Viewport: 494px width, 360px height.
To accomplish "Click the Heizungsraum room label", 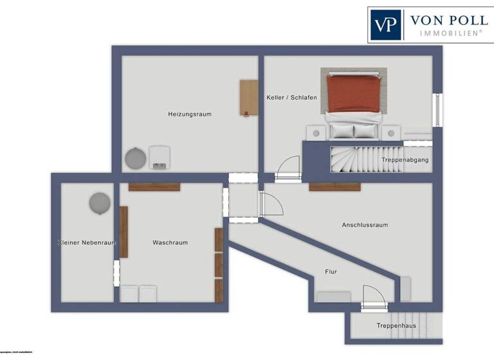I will pos(190,114).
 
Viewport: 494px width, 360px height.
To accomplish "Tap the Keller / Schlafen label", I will pos(291,97).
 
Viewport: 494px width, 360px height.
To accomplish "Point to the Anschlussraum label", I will pos(365,225).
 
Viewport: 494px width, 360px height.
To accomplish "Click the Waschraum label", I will pos(170,242).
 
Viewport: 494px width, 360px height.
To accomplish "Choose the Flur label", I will pos(331,272).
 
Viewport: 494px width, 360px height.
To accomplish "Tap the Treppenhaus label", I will pos(396,326).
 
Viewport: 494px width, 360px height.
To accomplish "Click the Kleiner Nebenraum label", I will pos(86,242).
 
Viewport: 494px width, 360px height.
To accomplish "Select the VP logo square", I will pos(385,25).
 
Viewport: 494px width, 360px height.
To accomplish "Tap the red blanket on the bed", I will pos(353,94).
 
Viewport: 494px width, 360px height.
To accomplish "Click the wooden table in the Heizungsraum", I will pos(248,98).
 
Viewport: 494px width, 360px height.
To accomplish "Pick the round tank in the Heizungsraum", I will pos(136,157).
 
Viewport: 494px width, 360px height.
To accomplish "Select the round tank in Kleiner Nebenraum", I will pos(99,203).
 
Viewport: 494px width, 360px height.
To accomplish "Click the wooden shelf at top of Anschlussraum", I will pos(334,187).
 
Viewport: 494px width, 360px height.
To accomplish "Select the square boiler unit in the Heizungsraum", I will pos(160,157).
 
